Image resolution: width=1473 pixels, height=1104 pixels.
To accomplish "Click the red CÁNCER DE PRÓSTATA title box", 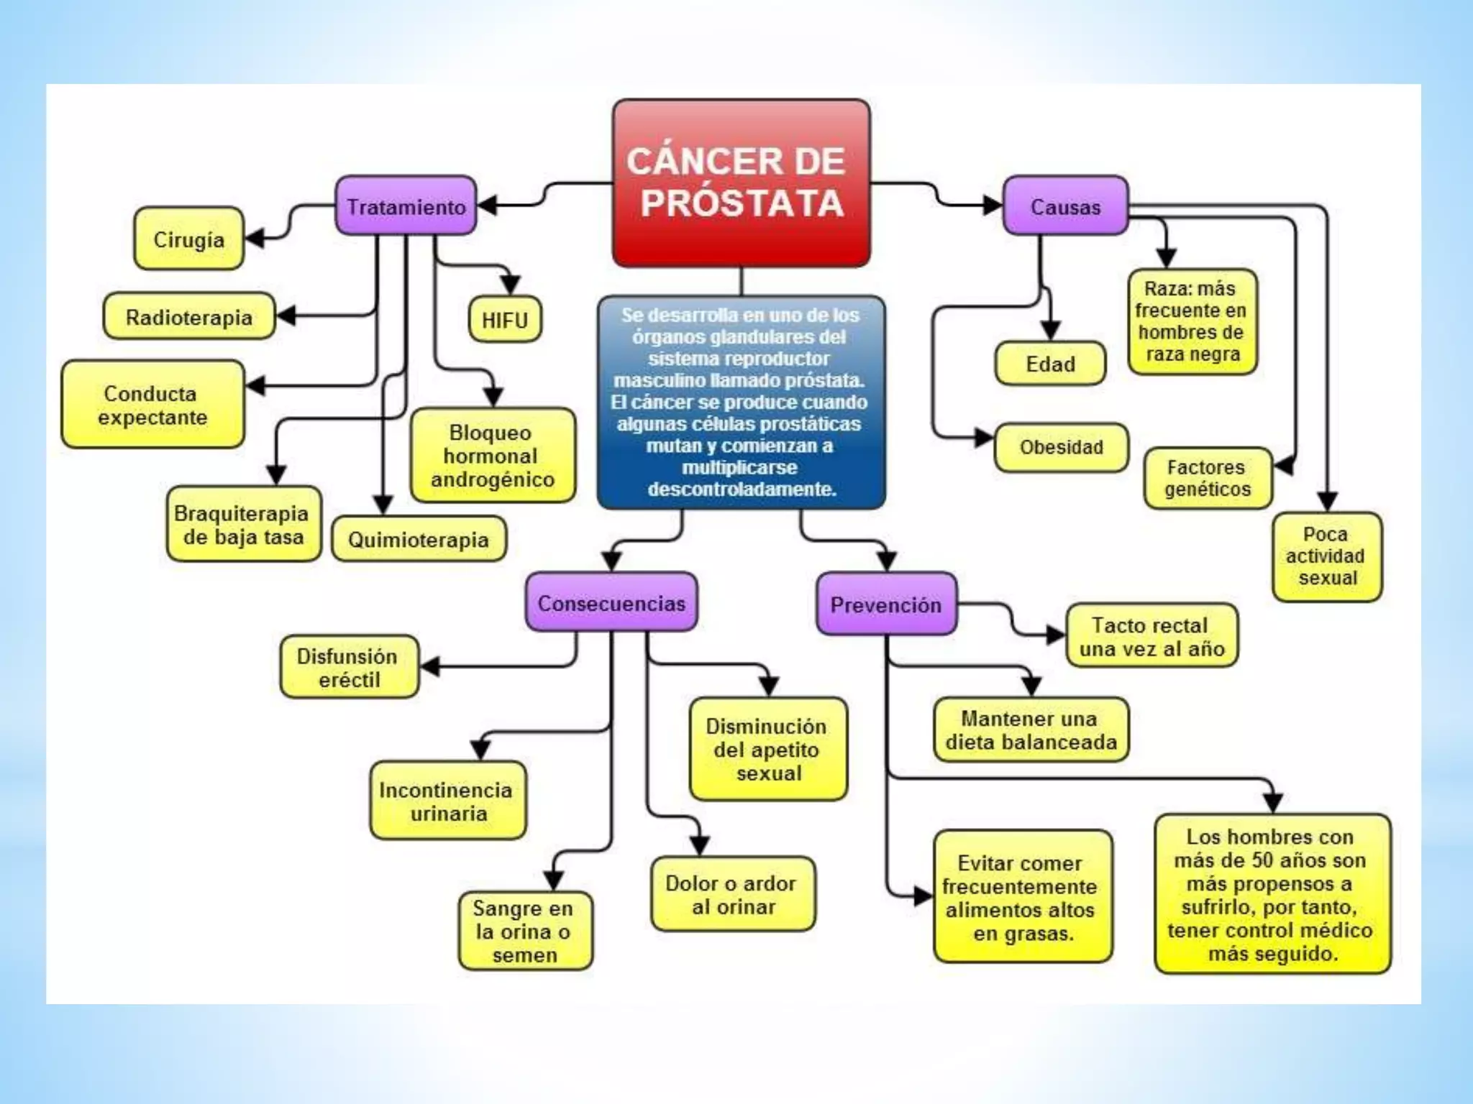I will (x=741, y=183).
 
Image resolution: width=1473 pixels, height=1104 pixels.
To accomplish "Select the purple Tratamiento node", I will (x=406, y=206).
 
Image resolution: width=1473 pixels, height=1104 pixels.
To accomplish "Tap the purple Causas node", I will (x=1065, y=206).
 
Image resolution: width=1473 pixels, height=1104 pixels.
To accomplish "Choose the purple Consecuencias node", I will (x=611, y=603).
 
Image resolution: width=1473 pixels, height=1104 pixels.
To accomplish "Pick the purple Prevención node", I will (x=886, y=604).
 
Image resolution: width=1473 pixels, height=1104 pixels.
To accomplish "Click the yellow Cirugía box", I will (x=188, y=239).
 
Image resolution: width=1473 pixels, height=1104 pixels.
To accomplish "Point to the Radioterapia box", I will (x=188, y=317).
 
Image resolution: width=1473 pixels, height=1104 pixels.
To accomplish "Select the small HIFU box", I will (x=504, y=320).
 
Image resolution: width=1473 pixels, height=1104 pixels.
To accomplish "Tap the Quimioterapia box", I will (x=419, y=539).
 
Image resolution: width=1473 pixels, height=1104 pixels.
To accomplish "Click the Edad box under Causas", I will (x=1050, y=364).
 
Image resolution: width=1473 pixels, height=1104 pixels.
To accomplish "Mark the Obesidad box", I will (x=1061, y=447).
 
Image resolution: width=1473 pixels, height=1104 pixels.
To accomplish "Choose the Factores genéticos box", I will (x=1208, y=478).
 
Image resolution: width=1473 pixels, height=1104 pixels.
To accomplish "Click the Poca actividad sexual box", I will (x=1326, y=556).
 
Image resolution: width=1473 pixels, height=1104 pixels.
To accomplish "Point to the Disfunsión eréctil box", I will (x=349, y=667).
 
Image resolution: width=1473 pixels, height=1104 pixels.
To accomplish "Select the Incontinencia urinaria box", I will (x=447, y=801).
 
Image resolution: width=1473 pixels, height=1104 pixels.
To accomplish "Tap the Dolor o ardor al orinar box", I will (x=732, y=894).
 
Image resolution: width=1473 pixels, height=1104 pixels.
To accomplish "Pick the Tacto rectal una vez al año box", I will (x=1151, y=637).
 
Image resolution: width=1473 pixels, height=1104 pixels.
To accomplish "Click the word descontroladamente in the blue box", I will (x=741, y=489).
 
